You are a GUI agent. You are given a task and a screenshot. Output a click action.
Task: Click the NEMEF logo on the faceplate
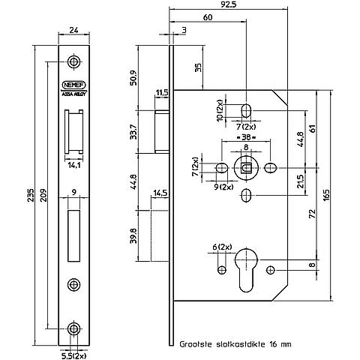73,85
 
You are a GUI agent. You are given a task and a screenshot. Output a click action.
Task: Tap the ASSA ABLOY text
73,94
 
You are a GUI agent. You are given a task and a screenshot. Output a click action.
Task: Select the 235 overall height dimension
30,195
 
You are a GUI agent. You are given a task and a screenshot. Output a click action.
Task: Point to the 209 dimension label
43,195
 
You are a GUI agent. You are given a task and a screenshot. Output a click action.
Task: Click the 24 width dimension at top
73,30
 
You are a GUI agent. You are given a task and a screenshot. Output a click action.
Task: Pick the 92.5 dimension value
229,4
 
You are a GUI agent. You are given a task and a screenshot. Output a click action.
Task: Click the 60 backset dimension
208,17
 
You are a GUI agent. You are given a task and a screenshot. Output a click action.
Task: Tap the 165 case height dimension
326,195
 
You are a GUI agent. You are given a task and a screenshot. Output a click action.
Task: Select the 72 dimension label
313,214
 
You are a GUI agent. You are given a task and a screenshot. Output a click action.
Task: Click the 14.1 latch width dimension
73,165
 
